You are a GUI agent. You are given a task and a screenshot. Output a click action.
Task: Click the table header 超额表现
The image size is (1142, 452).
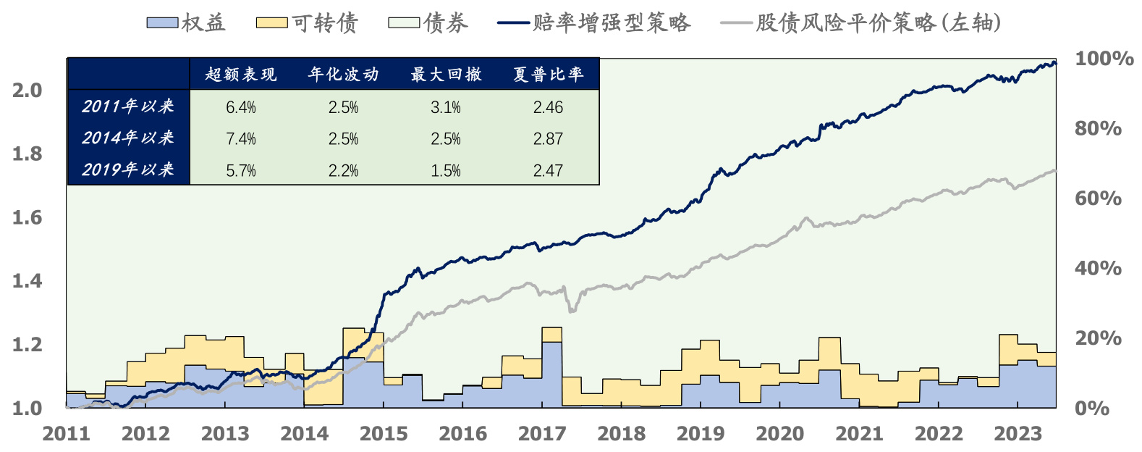(x=241, y=75)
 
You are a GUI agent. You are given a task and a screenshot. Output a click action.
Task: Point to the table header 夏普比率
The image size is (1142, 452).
(x=548, y=75)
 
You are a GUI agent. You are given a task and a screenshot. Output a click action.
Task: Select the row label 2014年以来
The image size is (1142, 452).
(x=128, y=138)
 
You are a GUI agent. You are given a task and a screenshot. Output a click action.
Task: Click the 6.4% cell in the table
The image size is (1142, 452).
(x=241, y=107)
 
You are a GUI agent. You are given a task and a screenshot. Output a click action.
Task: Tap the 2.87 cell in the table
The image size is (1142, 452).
(x=548, y=139)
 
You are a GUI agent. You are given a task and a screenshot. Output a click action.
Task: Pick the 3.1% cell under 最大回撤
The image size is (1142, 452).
(x=445, y=107)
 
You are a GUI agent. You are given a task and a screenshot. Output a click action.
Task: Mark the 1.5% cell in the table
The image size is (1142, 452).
(x=445, y=171)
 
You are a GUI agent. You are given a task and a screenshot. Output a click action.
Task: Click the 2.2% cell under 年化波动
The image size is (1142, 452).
(x=343, y=171)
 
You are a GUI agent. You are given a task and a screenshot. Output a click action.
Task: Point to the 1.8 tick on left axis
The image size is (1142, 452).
(x=27, y=154)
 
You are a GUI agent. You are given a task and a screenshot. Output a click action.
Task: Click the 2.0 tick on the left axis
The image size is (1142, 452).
(x=27, y=91)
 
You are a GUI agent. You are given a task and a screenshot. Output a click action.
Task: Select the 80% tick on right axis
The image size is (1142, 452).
(x=1098, y=129)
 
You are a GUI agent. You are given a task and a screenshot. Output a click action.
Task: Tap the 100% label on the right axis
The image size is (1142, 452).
(x=1104, y=59)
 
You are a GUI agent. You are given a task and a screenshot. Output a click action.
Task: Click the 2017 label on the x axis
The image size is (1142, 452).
(x=542, y=434)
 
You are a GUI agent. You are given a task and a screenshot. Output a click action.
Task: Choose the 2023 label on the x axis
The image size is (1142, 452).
(x=1018, y=434)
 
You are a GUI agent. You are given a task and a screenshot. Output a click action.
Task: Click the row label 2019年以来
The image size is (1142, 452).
(x=128, y=169)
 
